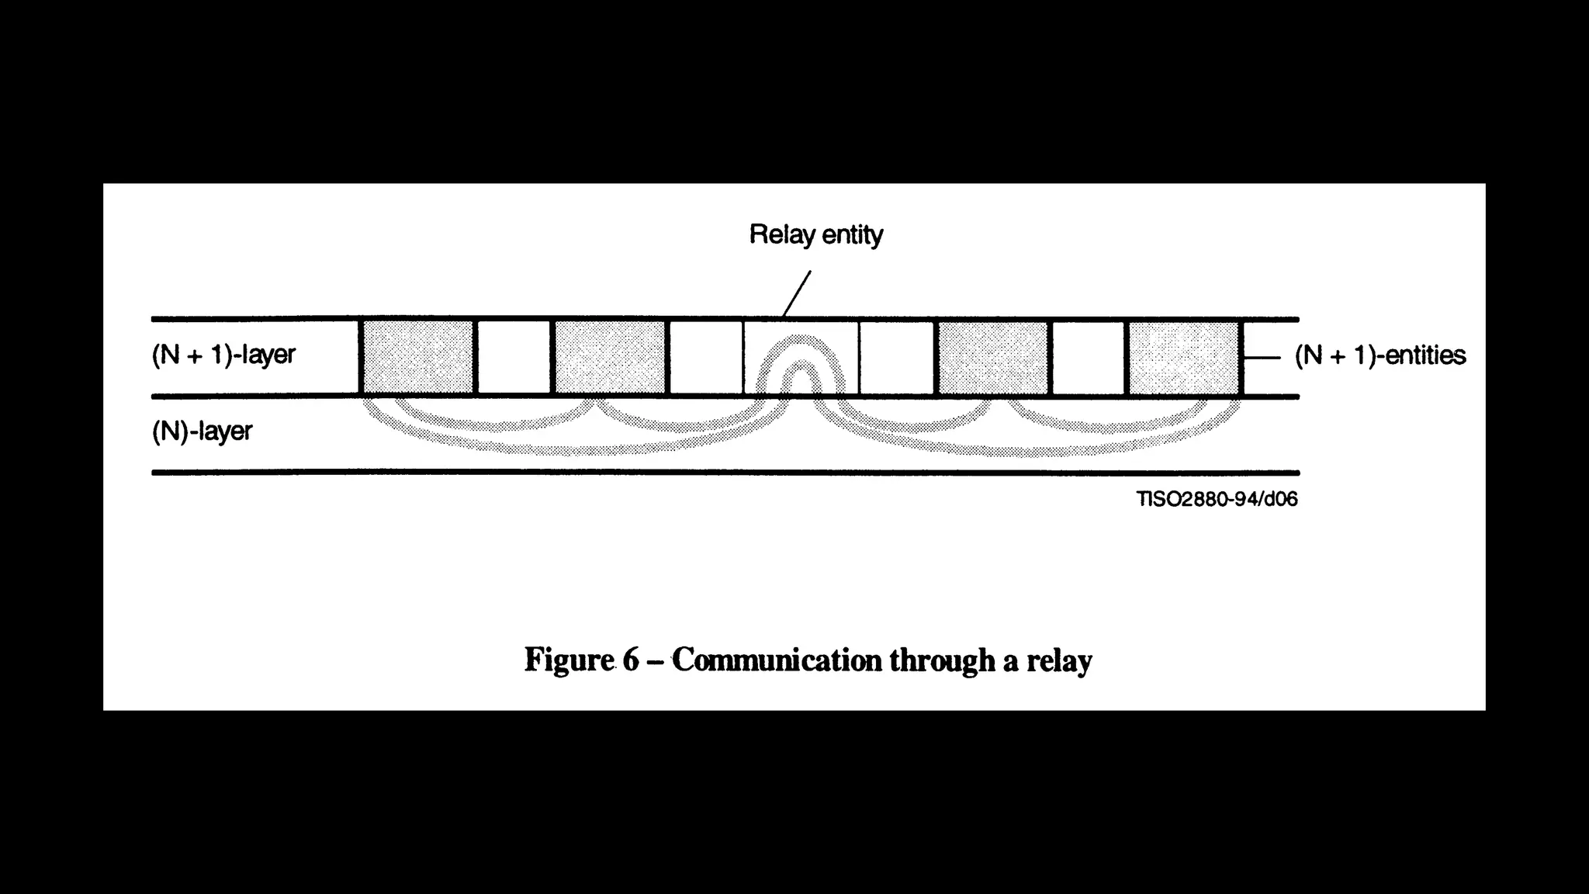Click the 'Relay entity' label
click(x=815, y=234)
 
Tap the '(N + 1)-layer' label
click(x=223, y=355)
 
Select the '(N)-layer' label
click(x=202, y=431)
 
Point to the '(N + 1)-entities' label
click(x=1380, y=355)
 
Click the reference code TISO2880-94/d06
click(x=1217, y=499)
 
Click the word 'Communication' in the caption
click(x=777, y=660)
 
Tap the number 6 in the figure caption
click(x=630, y=660)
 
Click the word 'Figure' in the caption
click(x=569, y=660)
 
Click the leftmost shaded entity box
click(x=418, y=358)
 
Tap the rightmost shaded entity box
click(x=1183, y=358)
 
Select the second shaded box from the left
click(x=610, y=358)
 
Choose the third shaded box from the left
click(x=993, y=358)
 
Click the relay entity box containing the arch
click(x=801, y=358)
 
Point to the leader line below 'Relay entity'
click(x=797, y=293)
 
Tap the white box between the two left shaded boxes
click(x=514, y=358)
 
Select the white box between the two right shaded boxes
click(x=1088, y=358)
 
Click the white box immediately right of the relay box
click(x=897, y=358)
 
